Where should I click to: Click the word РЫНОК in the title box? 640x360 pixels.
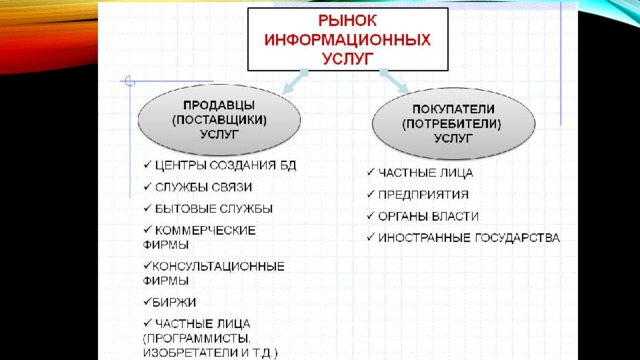347,21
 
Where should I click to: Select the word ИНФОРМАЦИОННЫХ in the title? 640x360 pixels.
347,40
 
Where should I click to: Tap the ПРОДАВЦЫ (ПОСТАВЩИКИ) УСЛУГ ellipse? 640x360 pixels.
219,120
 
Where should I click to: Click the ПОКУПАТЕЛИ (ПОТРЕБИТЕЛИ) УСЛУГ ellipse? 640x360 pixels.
453,123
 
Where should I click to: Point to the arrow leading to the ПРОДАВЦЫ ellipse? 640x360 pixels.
295,81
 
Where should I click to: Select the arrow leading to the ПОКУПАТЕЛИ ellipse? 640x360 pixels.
394,81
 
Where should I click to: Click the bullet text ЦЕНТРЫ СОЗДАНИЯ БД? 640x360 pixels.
225,165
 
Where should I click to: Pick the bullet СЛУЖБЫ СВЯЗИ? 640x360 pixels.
203,187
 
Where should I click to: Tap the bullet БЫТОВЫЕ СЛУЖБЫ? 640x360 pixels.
213,209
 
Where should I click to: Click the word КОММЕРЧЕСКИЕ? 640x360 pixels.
205,230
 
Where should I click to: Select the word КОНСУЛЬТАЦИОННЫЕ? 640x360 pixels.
218,267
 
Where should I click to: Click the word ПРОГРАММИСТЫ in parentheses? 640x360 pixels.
197,339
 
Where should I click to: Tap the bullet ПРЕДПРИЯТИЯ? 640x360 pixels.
423,195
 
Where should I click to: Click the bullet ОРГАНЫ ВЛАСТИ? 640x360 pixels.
428,216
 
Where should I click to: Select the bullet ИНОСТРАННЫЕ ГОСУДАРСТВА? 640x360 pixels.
469,238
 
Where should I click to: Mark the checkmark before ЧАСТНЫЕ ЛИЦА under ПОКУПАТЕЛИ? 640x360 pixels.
371,172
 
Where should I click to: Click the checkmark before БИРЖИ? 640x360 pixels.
147,302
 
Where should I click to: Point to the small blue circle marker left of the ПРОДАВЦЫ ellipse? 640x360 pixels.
130,81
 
